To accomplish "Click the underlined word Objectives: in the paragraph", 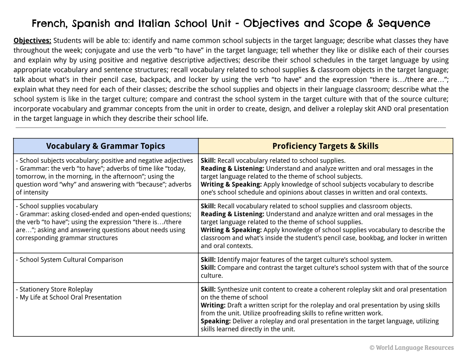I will pos(32,41).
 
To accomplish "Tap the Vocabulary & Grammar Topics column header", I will pos(105,146).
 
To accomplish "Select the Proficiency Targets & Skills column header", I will pos(325,146).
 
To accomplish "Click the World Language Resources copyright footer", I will pos(411,348).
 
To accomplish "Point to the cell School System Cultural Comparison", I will pos(71,260).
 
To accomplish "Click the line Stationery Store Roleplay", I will pos(56,289).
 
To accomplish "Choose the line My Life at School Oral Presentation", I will pos(70,297).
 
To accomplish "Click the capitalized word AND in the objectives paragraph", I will pos(383,109).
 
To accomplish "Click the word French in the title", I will pos(49,23).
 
